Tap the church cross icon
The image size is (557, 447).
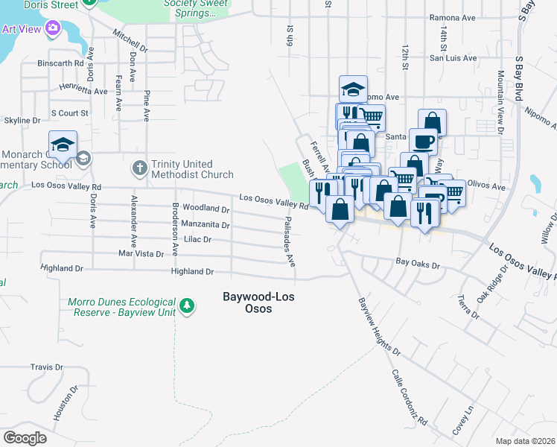(139, 168)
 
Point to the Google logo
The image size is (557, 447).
(25, 438)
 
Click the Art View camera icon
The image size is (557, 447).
(52, 29)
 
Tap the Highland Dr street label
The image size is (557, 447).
(192, 272)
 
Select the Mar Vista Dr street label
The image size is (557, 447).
(141, 254)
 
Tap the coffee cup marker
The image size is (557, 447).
(423, 141)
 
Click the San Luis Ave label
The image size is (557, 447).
(451, 57)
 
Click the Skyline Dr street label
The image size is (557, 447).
(22, 120)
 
